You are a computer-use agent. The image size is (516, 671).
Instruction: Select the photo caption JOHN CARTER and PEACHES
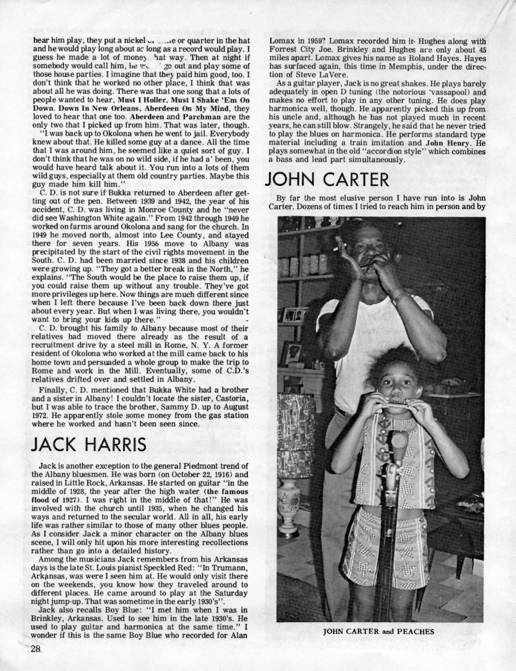click(380, 631)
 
